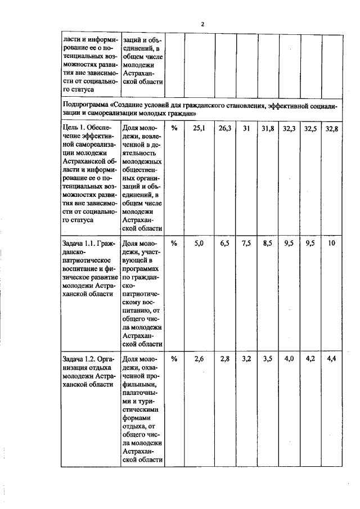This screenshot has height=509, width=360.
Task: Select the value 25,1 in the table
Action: tap(199, 129)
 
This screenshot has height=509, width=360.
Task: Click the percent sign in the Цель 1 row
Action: tap(174, 129)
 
